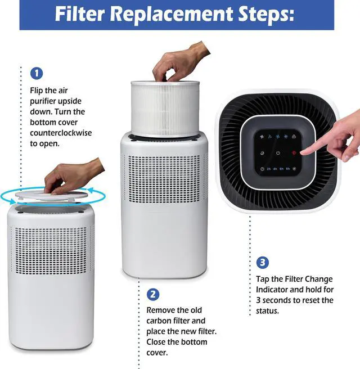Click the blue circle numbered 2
(153, 294)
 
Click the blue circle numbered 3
(262, 263)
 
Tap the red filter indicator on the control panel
(294, 153)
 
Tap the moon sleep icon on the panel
(262, 153)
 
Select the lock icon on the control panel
(294, 137)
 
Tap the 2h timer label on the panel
(269, 169)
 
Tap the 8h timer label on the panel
(288, 169)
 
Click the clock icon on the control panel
(262, 169)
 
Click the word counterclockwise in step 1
(61, 133)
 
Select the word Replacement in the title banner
(174, 14)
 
